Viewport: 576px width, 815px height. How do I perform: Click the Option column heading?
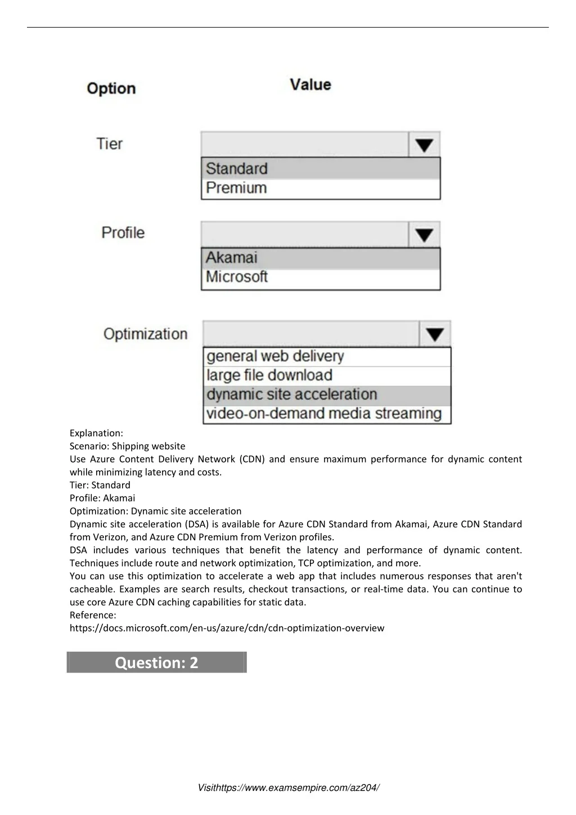111,88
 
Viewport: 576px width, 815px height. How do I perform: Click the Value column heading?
310,85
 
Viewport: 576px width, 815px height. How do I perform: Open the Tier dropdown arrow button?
424,145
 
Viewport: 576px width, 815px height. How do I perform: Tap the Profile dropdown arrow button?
424,235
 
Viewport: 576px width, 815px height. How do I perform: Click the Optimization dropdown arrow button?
435,334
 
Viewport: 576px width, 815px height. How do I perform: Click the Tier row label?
109,144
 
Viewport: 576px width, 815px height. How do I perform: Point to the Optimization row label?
145,334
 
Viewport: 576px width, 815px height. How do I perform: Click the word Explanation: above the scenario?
96,433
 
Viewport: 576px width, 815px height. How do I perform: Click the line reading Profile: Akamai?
102,498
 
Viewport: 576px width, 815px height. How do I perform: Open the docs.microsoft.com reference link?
227,628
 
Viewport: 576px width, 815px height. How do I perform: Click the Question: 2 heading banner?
156,662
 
